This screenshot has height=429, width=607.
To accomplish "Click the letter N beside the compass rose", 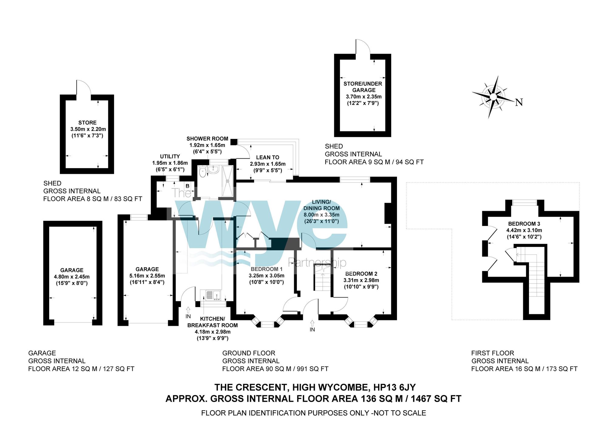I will [519, 103].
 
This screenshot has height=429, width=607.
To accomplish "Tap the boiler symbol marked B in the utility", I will [188, 186].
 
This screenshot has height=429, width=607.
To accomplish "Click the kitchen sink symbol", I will [213, 295].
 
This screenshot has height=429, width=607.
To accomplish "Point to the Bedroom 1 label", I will [266, 269].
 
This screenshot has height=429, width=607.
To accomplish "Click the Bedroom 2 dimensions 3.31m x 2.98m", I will [361, 280].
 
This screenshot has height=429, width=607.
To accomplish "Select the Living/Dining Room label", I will [321, 205].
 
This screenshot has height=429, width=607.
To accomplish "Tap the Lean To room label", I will [267, 157].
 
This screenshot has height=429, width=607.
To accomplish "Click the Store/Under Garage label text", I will [363, 87].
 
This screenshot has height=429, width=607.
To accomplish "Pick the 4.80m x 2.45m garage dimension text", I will [72, 277].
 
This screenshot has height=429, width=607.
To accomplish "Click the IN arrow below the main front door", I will [312, 323].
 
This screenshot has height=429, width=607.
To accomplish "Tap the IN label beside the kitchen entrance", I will [188, 316].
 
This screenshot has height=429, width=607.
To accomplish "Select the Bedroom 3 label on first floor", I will [524, 224].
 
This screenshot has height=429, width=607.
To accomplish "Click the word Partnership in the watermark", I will [317, 262].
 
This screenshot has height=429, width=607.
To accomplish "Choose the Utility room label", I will [170, 157].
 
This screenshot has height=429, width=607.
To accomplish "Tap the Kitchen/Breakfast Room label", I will [212, 322].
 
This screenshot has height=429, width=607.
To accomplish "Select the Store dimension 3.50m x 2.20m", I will [88, 129].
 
